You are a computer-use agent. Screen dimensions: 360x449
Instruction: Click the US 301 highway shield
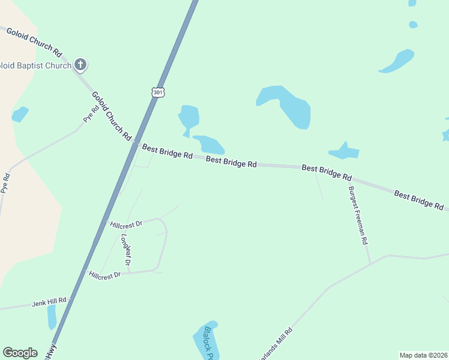coord(157,92)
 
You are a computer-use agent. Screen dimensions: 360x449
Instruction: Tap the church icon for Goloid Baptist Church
coord(80,65)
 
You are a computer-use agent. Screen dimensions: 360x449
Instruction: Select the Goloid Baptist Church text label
coord(35,65)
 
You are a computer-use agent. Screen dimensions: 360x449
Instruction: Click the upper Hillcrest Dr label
coord(126,224)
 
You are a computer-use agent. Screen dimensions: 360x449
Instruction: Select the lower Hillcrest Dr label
coord(105,274)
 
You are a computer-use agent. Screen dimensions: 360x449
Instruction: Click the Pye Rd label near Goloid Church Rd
coord(91,115)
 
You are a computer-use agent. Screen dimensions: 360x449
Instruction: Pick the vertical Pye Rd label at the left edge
coord(7,187)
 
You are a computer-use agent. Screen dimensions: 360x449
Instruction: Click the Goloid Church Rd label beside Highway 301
coord(112,116)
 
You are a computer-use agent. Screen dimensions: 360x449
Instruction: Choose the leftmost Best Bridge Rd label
coord(167,151)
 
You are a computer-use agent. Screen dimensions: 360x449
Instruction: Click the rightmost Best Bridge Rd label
coord(419,199)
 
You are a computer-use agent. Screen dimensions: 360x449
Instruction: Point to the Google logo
coord(20,353)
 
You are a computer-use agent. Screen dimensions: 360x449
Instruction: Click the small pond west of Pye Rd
coord(20,114)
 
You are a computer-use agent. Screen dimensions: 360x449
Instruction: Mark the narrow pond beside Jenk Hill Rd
coord(52,316)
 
